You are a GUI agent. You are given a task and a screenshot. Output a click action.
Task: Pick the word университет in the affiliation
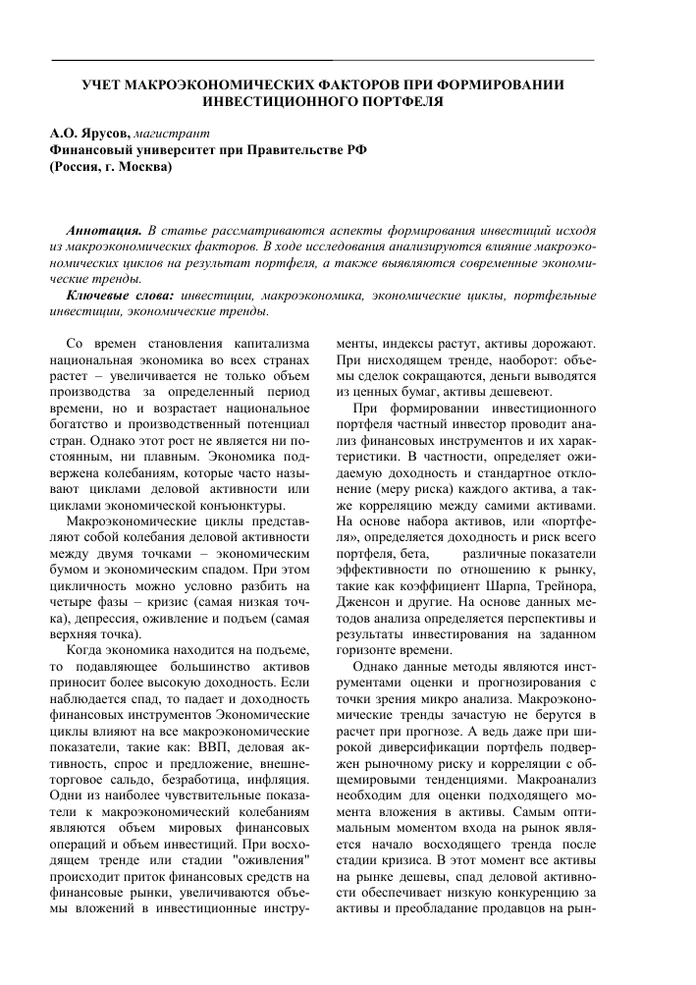click(168, 149)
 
